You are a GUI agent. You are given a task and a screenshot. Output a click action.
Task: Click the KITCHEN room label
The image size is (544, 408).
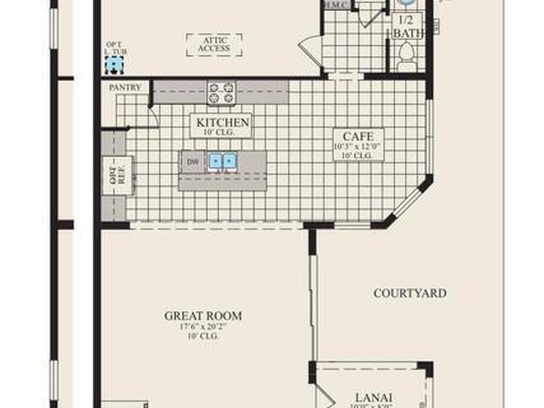pyautogui.click(x=222, y=122)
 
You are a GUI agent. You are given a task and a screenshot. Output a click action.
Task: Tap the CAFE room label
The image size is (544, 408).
pyautogui.click(x=358, y=137)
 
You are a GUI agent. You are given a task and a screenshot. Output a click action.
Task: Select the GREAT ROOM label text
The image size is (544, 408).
pyautogui.click(x=203, y=316)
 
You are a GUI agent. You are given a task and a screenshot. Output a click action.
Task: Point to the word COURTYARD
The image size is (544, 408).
pyautogui.click(x=410, y=293)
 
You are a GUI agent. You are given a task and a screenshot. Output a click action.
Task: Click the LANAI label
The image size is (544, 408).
pyautogui.click(x=373, y=397)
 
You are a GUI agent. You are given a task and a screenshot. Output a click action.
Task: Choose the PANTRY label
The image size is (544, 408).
pyautogui.click(x=125, y=88)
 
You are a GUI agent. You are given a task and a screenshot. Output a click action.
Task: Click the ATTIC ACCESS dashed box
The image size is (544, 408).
pyautogui.click(x=214, y=45)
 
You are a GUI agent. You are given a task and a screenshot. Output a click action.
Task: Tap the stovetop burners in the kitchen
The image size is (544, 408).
pyautogui.click(x=221, y=92)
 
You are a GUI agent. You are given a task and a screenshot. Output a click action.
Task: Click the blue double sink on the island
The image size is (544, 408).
pyautogui.click(x=222, y=161)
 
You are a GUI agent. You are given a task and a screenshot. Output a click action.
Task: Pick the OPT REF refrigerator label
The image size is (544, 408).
pyautogui.click(x=117, y=176)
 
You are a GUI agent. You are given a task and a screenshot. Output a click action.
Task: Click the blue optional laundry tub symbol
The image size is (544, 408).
pyautogui.click(x=114, y=65)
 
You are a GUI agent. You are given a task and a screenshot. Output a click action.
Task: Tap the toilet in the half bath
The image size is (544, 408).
pyautogui.click(x=407, y=56)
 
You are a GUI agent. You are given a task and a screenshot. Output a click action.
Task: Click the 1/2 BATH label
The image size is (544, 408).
pyautogui.click(x=407, y=27)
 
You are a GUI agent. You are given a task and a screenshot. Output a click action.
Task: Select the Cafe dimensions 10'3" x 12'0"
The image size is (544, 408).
pyautogui.click(x=358, y=147)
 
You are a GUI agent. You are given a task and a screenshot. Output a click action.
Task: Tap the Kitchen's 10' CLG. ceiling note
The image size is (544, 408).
pyautogui.click(x=222, y=131)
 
